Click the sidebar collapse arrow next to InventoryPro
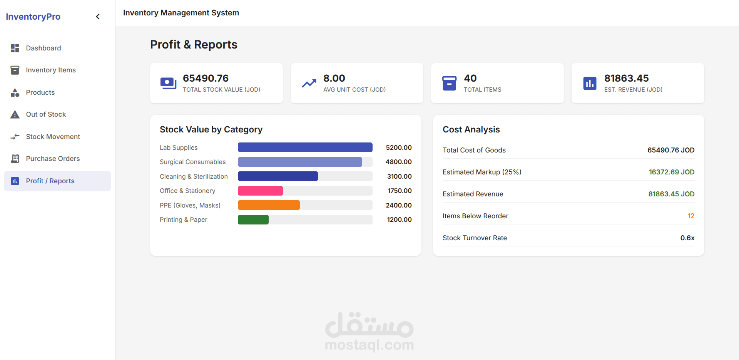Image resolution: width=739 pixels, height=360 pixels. pos(98,17)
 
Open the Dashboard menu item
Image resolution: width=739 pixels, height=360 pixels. pos(43,48)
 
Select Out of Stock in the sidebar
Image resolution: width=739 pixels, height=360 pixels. pos(46,114)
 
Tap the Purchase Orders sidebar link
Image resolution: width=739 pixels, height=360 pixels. pos(53,159)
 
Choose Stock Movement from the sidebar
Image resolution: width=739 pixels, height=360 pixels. pos(53,137)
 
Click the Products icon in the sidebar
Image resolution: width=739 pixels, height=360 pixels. pos(15,92)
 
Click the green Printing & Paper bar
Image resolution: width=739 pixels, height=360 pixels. pos(253,219)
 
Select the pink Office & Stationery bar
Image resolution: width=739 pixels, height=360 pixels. pos(260,191)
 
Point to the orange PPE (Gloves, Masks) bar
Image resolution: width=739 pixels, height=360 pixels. pos(269,205)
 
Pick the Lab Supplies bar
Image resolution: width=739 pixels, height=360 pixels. pos(305,147)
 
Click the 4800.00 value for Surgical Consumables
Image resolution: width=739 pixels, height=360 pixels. pos(399,162)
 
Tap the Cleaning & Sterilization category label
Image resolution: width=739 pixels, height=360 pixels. pos(194,176)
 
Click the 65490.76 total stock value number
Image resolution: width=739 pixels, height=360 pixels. pos(206,78)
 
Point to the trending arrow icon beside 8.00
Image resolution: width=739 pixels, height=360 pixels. pos(309,83)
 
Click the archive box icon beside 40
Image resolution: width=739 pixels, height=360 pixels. pos(449,83)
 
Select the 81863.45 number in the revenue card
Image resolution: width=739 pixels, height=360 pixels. pos(627,78)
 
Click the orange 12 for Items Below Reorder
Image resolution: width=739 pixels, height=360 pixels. pos(691,216)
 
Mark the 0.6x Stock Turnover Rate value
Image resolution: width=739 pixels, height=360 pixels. pos(687,238)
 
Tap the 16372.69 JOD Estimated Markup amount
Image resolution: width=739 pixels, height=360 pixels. pos(672,172)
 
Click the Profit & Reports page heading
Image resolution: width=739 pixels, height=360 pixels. pos(194,45)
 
